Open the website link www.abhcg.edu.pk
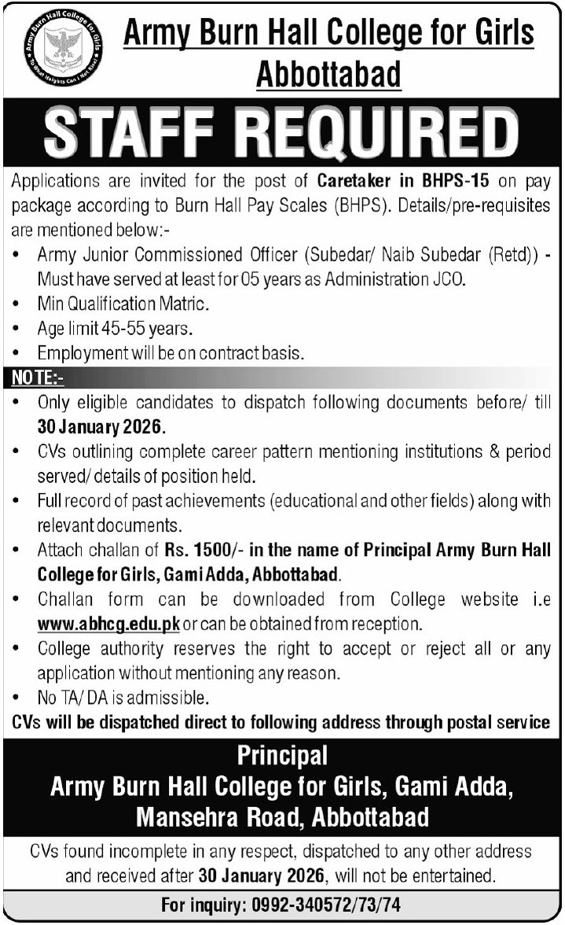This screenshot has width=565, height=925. (109, 625)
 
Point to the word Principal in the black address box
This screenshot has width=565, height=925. (282, 756)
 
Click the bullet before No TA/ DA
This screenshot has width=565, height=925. (17, 698)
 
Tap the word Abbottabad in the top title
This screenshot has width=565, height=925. (329, 75)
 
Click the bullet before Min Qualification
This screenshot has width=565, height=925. (17, 303)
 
